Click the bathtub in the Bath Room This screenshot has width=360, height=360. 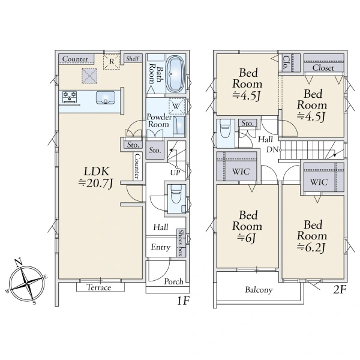click(x=175, y=74)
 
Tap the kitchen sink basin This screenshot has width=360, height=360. click(x=106, y=98)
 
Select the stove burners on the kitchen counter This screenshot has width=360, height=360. click(x=70, y=97)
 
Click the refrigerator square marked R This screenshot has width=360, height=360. click(x=112, y=62)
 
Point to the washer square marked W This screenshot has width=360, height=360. click(x=176, y=106)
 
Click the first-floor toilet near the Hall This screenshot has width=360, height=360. click(x=176, y=194)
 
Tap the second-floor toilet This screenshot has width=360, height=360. click(x=225, y=128)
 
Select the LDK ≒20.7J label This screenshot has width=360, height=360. click(x=96, y=177)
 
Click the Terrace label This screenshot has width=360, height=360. click(x=99, y=287)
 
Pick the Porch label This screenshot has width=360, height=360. click(x=174, y=281)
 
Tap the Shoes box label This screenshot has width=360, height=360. click(x=181, y=243)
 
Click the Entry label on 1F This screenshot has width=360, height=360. click(x=161, y=247)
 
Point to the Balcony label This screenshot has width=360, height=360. click(x=259, y=290)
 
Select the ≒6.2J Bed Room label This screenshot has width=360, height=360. click(x=312, y=236)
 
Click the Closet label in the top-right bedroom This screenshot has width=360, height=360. click(x=323, y=68)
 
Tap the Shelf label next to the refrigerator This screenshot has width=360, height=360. click(x=133, y=59)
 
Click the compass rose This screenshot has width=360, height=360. click(x=27, y=282)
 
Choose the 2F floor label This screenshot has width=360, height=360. click(x=340, y=290)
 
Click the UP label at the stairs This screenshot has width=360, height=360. click(x=175, y=173)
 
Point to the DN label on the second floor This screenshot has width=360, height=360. click(x=272, y=149)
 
